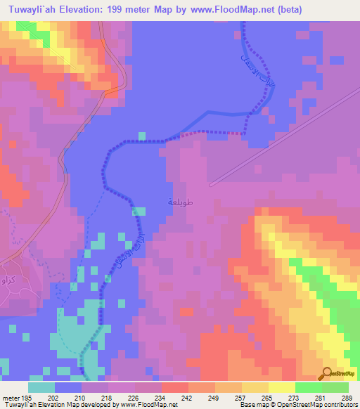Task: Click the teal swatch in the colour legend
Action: tap(41, 388)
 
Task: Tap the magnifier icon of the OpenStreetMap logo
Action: tap(327, 373)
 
